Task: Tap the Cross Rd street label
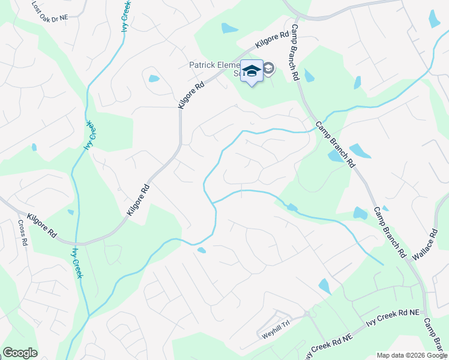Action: (x=22, y=232)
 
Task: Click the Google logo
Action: (x=20, y=353)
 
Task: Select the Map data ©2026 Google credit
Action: (x=411, y=355)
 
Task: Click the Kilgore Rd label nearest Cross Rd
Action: (x=41, y=226)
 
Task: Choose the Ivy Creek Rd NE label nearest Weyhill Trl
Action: (x=327, y=344)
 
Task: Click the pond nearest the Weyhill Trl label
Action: (x=325, y=286)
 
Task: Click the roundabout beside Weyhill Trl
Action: (x=306, y=313)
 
